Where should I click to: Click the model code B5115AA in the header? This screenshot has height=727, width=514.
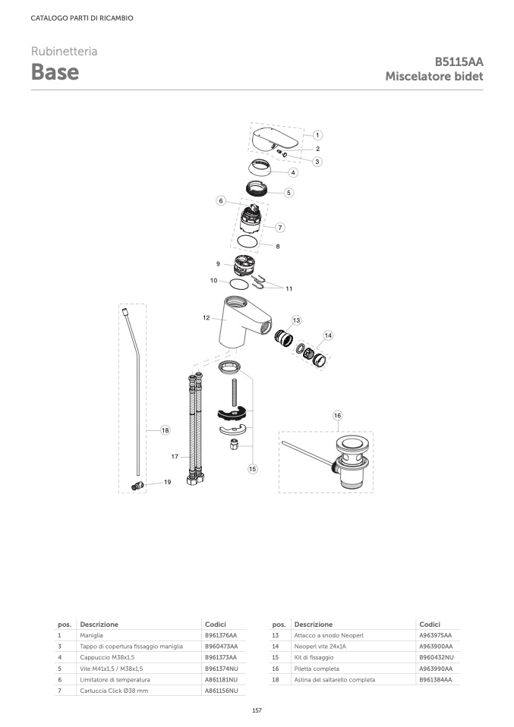pyautogui.click(x=459, y=61)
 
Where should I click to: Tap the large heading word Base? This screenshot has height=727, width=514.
pyautogui.click(x=55, y=72)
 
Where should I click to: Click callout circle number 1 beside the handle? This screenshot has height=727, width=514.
pyautogui.click(x=317, y=135)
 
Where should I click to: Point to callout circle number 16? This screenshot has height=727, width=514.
pyautogui.click(x=337, y=415)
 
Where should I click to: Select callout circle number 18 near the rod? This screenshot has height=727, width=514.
pyautogui.click(x=166, y=430)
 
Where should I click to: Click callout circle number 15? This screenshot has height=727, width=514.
pyautogui.click(x=252, y=469)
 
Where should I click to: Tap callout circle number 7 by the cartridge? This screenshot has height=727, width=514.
pyautogui.click(x=279, y=227)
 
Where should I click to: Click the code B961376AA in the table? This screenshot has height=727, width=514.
pyautogui.click(x=221, y=635)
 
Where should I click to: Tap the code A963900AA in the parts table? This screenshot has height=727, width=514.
pyautogui.click(x=436, y=647)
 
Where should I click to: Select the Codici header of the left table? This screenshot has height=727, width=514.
pyautogui.click(x=216, y=624)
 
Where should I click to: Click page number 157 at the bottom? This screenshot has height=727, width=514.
pyautogui.click(x=257, y=710)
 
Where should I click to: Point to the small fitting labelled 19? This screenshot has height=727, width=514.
pyautogui.click(x=137, y=486)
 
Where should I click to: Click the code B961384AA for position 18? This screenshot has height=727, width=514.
pyautogui.click(x=436, y=680)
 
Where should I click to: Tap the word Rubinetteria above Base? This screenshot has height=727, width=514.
pyautogui.click(x=64, y=51)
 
